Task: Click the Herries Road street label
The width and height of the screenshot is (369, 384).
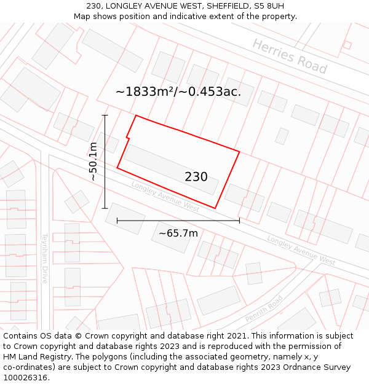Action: coord(290,56)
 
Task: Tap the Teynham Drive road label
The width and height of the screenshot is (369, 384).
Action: coord(45,258)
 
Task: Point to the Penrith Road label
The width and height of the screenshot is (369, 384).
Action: coord(264,309)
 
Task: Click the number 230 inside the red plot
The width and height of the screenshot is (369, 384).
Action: coord(196,177)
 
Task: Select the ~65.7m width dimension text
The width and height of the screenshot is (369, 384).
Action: coord(178,233)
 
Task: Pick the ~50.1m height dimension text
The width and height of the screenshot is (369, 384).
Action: coord(93,161)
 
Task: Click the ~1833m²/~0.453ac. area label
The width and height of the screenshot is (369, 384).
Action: coord(178,92)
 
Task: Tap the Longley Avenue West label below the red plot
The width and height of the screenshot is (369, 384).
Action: coord(165,197)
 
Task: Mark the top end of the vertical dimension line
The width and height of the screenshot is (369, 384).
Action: coord(105,115)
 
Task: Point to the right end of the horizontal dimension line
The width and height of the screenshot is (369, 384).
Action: coord(239,220)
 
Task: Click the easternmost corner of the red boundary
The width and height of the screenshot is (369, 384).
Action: coord(239,151)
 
